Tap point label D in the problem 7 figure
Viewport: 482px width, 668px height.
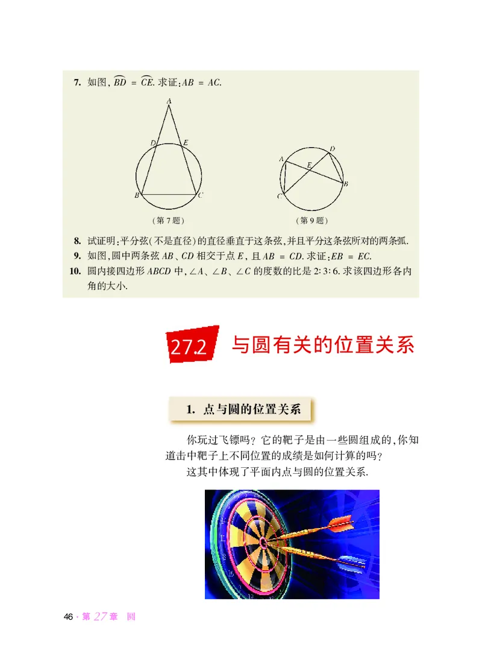tap(154, 143)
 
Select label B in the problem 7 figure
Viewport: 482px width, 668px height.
tap(137, 196)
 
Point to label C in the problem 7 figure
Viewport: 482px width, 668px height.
tap(201, 195)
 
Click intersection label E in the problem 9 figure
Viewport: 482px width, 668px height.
tap(309, 164)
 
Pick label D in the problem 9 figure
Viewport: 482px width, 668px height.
tap(333, 148)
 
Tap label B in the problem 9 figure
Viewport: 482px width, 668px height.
tap(346, 184)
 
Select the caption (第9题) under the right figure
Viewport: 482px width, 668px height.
tap(312, 220)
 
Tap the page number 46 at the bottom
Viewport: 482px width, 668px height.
tap(68, 617)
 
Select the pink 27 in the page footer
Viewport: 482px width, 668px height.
tap(101, 616)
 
